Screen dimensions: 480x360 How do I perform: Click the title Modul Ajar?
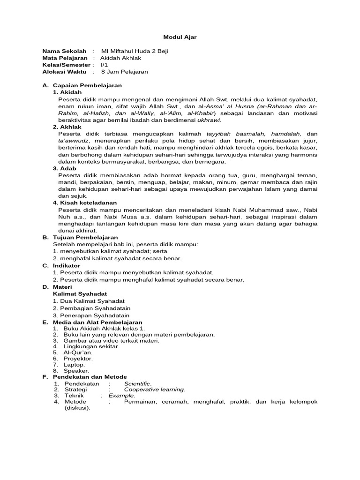[x=177, y=37]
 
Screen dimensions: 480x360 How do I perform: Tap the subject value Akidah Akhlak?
[x=120, y=58]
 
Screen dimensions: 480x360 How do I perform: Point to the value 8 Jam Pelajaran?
[x=124, y=72]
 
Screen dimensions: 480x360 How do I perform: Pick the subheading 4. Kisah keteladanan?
[x=84, y=202]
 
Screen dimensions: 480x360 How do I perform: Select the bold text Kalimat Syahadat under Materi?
[x=80, y=293]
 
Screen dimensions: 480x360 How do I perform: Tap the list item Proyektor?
[x=78, y=358]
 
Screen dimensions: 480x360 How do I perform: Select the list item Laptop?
[x=75, y=364]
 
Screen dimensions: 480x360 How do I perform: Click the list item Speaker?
[x=76, y=370]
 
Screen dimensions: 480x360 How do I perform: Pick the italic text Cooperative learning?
[x=154, y=389]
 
